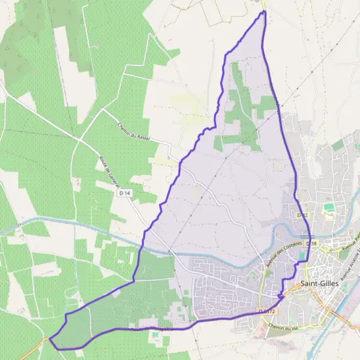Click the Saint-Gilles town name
click(x=318, y=284)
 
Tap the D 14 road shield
click(x=125, y=193)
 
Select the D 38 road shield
click(x=310, y=244)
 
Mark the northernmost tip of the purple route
click(x=263, y=11)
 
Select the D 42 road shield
click(x=302, y=215)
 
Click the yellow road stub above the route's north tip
click(x=263, y=5)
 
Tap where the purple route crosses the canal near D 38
click(x=308, y=235)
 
